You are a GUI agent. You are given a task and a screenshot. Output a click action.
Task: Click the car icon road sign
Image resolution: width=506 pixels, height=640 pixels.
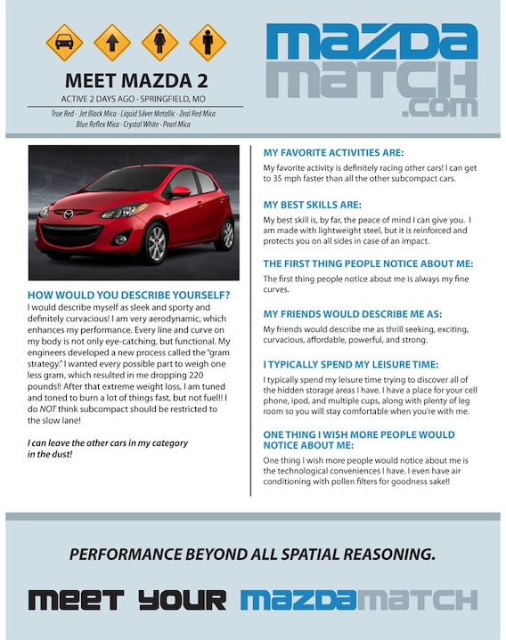pyautogui.click(x=64, y=42)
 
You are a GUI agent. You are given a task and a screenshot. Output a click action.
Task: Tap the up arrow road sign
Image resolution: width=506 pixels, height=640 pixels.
pyautogui.click(x=112, y=42)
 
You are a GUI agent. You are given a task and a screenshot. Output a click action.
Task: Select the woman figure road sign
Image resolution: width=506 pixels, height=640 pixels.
pyautogui.click(x=160, y=42)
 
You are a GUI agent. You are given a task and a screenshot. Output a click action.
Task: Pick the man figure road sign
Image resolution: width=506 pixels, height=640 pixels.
pyautogui.click(x=208, y=42)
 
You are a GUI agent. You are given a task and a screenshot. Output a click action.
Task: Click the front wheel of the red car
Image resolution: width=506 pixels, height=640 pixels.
pyautogui.click(x=154, y=243)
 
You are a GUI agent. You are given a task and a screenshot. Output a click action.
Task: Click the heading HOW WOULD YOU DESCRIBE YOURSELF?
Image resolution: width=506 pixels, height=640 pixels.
pyautogui.click(x=129, y=296)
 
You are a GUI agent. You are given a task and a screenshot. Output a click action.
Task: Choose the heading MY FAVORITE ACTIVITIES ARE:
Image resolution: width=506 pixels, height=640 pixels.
pyautogui.click(x=333, y=153)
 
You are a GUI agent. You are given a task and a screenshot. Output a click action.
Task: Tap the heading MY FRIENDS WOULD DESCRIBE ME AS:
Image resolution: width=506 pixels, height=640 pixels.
pyautogui.click(x=352, y=314)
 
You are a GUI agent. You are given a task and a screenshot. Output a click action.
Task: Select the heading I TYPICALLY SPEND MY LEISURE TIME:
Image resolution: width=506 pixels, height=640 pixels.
pyautogui.click(x=351, y=364)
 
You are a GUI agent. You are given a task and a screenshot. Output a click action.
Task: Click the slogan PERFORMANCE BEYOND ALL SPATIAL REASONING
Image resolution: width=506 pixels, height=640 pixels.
pyautogui.click(x=253, y=555)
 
